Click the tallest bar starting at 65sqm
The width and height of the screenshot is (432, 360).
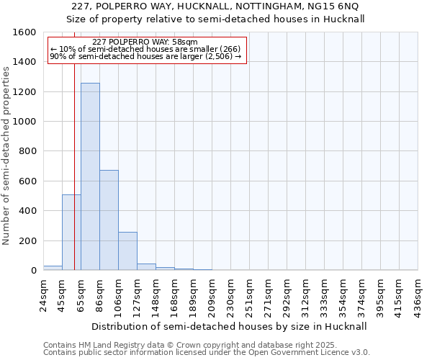pos(90,176)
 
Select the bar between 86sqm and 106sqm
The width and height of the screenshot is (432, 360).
pos(109,220)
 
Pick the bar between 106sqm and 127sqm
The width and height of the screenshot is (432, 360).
pos(127,251)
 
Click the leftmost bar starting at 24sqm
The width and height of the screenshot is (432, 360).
pos(53,268)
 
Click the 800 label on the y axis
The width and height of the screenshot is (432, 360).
pos(28,151)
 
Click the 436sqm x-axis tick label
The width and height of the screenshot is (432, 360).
pos(419,294)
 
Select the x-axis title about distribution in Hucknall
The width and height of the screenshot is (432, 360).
pos(230,326)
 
